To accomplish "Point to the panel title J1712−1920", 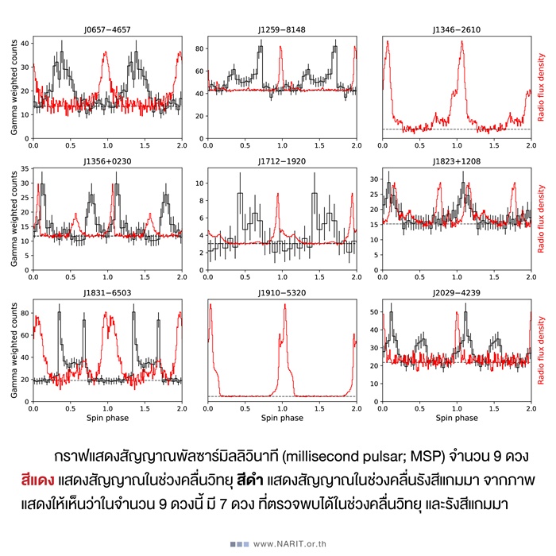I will pyautogui.click(x=281, y=163).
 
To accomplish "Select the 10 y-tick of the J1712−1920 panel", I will pyautogui.click(x=200, y=182).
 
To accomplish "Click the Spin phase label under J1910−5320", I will pyautogui.click(x=281, y=417).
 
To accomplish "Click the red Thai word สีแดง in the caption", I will pyautogui.click(x=37, y=481).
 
